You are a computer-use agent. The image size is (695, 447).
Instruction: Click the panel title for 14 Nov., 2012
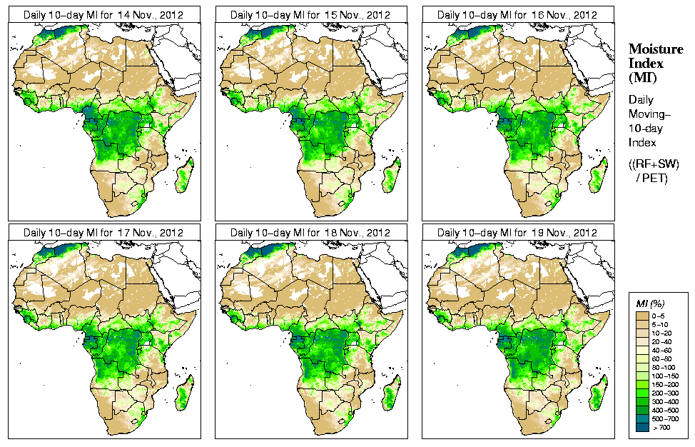pos(103,14)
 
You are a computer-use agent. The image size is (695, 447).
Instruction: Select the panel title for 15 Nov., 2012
pos(310,14)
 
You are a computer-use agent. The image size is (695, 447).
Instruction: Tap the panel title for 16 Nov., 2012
pos(517,14)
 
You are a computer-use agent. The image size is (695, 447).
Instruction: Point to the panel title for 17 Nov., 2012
pos(103,233)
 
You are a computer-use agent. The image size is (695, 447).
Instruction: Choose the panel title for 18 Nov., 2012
pos(310,233)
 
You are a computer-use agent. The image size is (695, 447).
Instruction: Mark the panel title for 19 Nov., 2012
pos(517,233)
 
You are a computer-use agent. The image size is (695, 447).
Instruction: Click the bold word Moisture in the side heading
pos(655,49)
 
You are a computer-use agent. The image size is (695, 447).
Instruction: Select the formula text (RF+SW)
pos(654,164)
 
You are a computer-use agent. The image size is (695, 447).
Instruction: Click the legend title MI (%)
pos(651,304)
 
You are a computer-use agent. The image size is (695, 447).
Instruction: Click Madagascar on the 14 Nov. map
pos(186,176)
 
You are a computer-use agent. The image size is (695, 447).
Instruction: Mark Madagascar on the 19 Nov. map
pos(599,395)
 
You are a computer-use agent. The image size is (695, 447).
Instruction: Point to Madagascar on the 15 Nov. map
pos(392,176)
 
